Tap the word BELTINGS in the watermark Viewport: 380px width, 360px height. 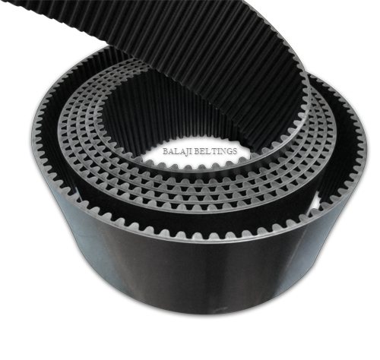(217, 151)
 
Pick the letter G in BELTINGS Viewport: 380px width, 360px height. (229, 151)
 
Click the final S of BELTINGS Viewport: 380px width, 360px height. (235, 151)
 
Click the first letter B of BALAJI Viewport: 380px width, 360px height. (166, 151)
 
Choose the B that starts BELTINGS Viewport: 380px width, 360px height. (200, 151)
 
